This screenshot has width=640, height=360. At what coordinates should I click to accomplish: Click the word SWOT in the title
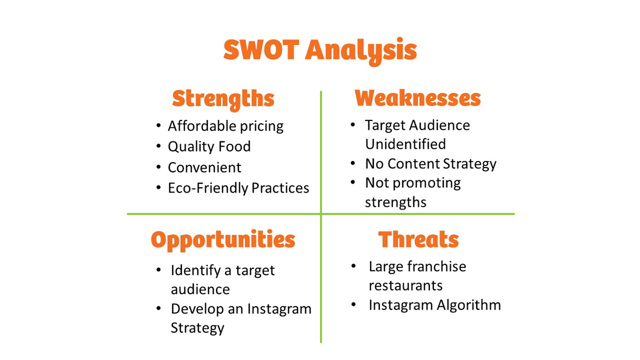pos(261,50)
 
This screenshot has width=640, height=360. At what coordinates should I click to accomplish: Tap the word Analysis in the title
pos(362,51)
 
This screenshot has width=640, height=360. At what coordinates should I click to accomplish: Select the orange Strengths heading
pos(223,100)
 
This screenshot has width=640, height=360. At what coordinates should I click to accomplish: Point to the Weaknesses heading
pos(418,98)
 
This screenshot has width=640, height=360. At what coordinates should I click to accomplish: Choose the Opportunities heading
pos(223,241)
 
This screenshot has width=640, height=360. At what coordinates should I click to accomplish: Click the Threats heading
pos(419,239)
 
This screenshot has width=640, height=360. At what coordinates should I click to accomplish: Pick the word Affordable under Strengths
pos(202,126)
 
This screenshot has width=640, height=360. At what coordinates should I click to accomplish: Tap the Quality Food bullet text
pos(209,147)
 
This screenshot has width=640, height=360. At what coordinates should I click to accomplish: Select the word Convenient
pos(205,167)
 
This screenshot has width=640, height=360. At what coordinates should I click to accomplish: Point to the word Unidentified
pos(405,143)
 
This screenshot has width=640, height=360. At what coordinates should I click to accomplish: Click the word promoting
pos(427,183)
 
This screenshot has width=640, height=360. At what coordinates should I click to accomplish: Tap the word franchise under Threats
pos(437,266)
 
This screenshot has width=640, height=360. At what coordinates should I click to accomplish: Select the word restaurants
pos(406,286)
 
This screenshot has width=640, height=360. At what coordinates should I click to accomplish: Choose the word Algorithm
pos(469,305)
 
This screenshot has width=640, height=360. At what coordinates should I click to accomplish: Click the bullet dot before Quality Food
pos(158,146)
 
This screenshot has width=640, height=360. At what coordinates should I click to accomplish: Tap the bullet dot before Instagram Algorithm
pos(354,305)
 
